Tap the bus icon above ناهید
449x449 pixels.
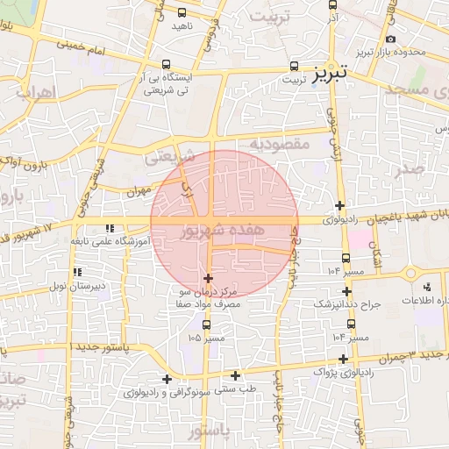(x=182, y=13)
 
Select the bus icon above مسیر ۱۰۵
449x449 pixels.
(x=206, y=324)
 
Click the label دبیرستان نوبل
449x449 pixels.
(x=76, y=286)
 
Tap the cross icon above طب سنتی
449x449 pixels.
(x=236, y=375)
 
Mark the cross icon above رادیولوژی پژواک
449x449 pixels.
(x=344, y=359)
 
